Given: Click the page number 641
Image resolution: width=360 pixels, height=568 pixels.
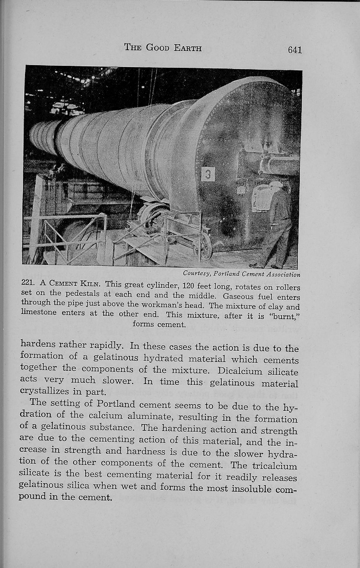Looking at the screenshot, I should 294,50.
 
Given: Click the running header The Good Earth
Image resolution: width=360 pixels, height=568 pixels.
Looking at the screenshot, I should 163,48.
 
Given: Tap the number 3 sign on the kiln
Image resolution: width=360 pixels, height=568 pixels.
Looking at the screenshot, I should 208,174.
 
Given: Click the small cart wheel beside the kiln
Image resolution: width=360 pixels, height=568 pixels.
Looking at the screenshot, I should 206,246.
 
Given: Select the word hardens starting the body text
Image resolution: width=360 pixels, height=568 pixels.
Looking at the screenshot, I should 38,344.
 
